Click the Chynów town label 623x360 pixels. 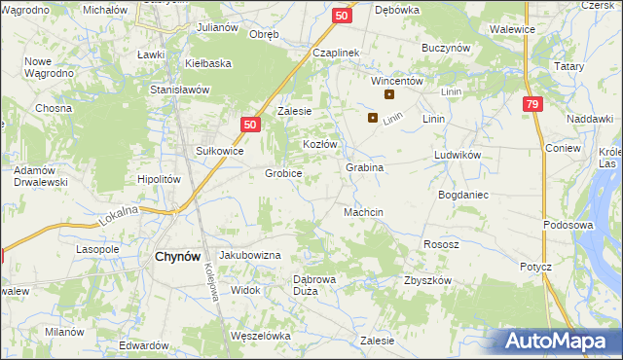click(x=178, y=256)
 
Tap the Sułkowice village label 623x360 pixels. click(x=219, y=151)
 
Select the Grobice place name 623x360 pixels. click(x=283, y=173)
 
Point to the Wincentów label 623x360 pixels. click(x=396, y=82)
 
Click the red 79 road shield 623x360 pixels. click(x=531, y=105)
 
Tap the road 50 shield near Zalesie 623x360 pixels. click(x=250, y=125)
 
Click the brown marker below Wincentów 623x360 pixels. click(x=389, y=94)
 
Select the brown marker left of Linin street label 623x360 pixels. click(x=373, y=118)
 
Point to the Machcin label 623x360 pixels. click(x=364, y=212)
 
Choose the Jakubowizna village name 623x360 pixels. click(x=250, y=254)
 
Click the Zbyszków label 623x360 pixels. click(x=427, y=280)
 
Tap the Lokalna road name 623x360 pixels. click(x=118, y=216)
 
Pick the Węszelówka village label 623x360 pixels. click(x=261, y=336)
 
